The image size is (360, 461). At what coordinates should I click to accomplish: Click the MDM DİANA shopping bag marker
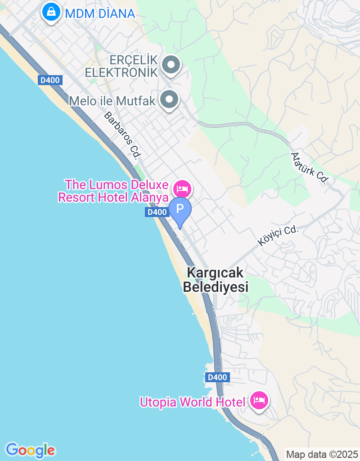click(52, 12)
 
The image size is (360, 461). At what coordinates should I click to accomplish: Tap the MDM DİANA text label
click(100, 14)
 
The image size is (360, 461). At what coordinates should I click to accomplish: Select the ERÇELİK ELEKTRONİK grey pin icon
click(171, 65)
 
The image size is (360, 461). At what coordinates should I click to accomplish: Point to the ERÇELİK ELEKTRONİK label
click(121, 66)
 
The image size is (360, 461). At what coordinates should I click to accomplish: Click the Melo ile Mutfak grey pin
click(170, 100)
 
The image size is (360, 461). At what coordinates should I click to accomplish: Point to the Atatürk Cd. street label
click(309, 168)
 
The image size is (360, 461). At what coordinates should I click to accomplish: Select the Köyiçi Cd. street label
click(278, 235)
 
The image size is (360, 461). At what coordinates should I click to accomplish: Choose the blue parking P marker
click(180, 209)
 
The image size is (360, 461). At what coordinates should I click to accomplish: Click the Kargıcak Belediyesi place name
click(216, 280)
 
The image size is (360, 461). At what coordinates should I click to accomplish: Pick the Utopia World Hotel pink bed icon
click(259, 400)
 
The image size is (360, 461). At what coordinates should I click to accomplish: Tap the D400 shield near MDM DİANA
click(50, 80)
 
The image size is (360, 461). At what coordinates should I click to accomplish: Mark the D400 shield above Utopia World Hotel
click(217, 377)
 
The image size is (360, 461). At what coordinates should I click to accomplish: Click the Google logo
click(30, 450)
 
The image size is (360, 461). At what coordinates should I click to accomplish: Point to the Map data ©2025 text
click(322, 454)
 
